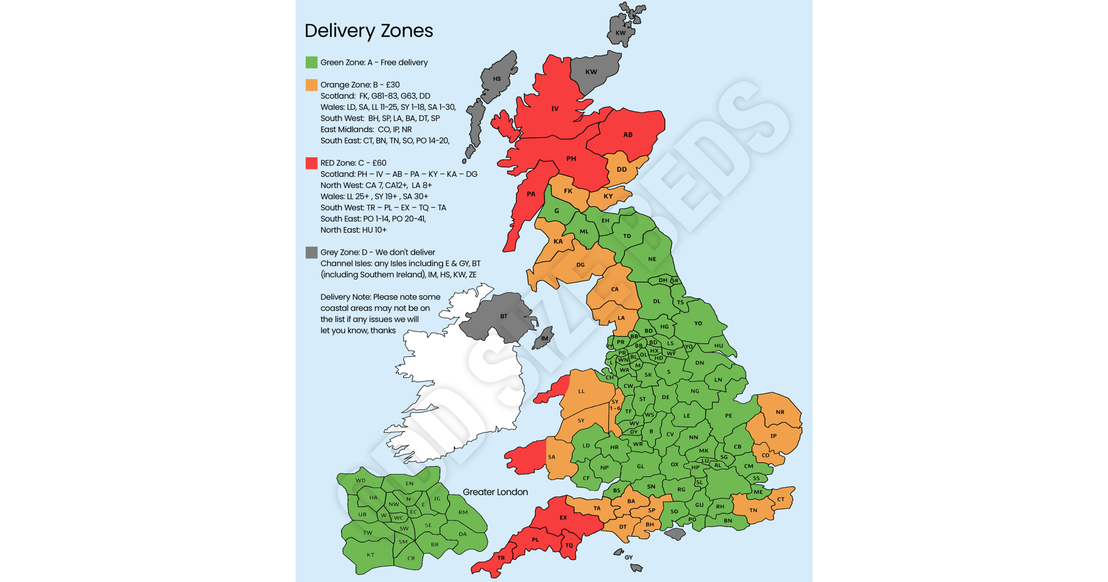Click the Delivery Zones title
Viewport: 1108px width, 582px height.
(x=368, y=31)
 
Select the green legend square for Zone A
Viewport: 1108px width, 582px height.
(x=312, y=62)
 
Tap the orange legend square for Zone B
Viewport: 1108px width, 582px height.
(x=312, y=85)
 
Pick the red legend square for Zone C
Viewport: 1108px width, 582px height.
(x=312, y=163)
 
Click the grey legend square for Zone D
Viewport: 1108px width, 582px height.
(x=312, y=252)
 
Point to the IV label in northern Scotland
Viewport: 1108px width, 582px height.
(x=555, y=109)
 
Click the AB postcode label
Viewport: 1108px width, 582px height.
(x=628, y=135)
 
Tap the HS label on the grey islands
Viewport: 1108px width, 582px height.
(x=497, y=79)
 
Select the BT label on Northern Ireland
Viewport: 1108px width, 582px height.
(x=504, y=316)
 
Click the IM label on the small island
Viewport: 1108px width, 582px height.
(x=545, y=339)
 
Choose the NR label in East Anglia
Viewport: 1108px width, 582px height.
(x=780, y=412)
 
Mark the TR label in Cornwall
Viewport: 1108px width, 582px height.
(x=501, y=558)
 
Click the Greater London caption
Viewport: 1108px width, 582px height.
(x=495, y=492)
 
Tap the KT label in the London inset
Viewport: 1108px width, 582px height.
(x=370, y=555)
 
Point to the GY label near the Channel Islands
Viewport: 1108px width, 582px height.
(x=628, y=558)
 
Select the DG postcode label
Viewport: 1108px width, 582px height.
(x=580, y=265)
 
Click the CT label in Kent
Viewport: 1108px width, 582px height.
(x=781, y=499)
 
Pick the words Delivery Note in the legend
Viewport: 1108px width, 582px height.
(x=346, y=297)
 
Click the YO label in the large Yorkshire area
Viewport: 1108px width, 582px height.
(x=698, y=323)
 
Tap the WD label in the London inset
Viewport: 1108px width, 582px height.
(x=361, y=480)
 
